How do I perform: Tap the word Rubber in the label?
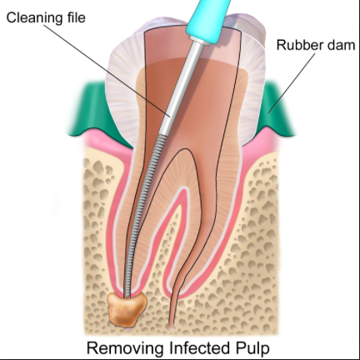pos(295,45)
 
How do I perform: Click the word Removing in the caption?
pos(125,348)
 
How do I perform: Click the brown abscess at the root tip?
pos(127,308)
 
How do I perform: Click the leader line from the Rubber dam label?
pos(292,83)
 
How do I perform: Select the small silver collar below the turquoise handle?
pos(199,39)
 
